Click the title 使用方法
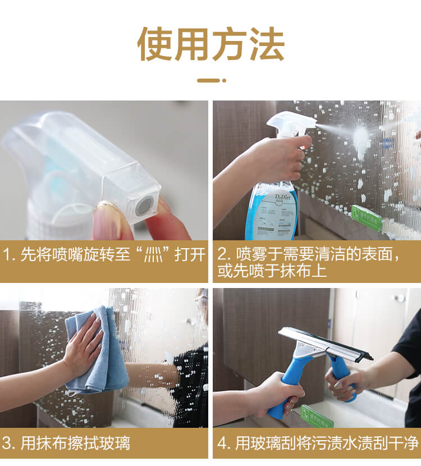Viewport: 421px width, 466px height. (x=210, y=44)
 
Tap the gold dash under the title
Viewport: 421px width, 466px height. (x=211, y=80)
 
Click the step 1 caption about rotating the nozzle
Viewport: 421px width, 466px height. (x=104, y=254)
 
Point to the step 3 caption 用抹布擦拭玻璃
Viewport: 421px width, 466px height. (x=67, y=444)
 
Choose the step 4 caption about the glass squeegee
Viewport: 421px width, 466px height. (x=317, y=444)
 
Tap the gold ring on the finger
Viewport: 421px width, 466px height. (x=107, y=207)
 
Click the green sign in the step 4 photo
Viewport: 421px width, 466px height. (x=317, y=417)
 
